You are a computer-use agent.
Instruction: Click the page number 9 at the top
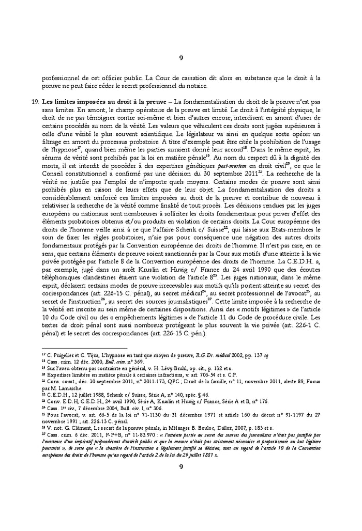tap(181, 58)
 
